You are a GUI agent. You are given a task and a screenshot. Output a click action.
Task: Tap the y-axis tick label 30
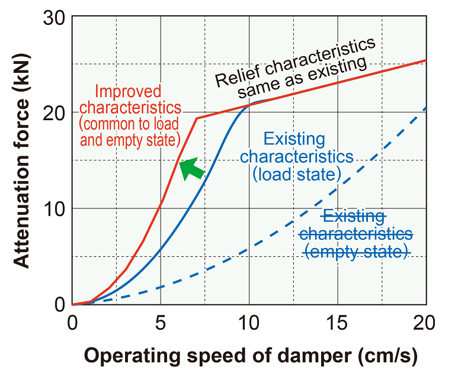(x=55, y=17)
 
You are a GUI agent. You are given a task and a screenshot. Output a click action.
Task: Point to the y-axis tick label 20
(x=55, y=113)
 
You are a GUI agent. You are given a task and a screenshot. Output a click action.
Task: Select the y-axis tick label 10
(x=55, y=209)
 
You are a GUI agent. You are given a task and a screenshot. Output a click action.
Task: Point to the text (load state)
(x=296, y=175)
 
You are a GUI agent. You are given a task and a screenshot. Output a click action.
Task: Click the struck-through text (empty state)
(x=357, y=252)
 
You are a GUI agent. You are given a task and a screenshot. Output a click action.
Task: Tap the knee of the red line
(x=196, y=118)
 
